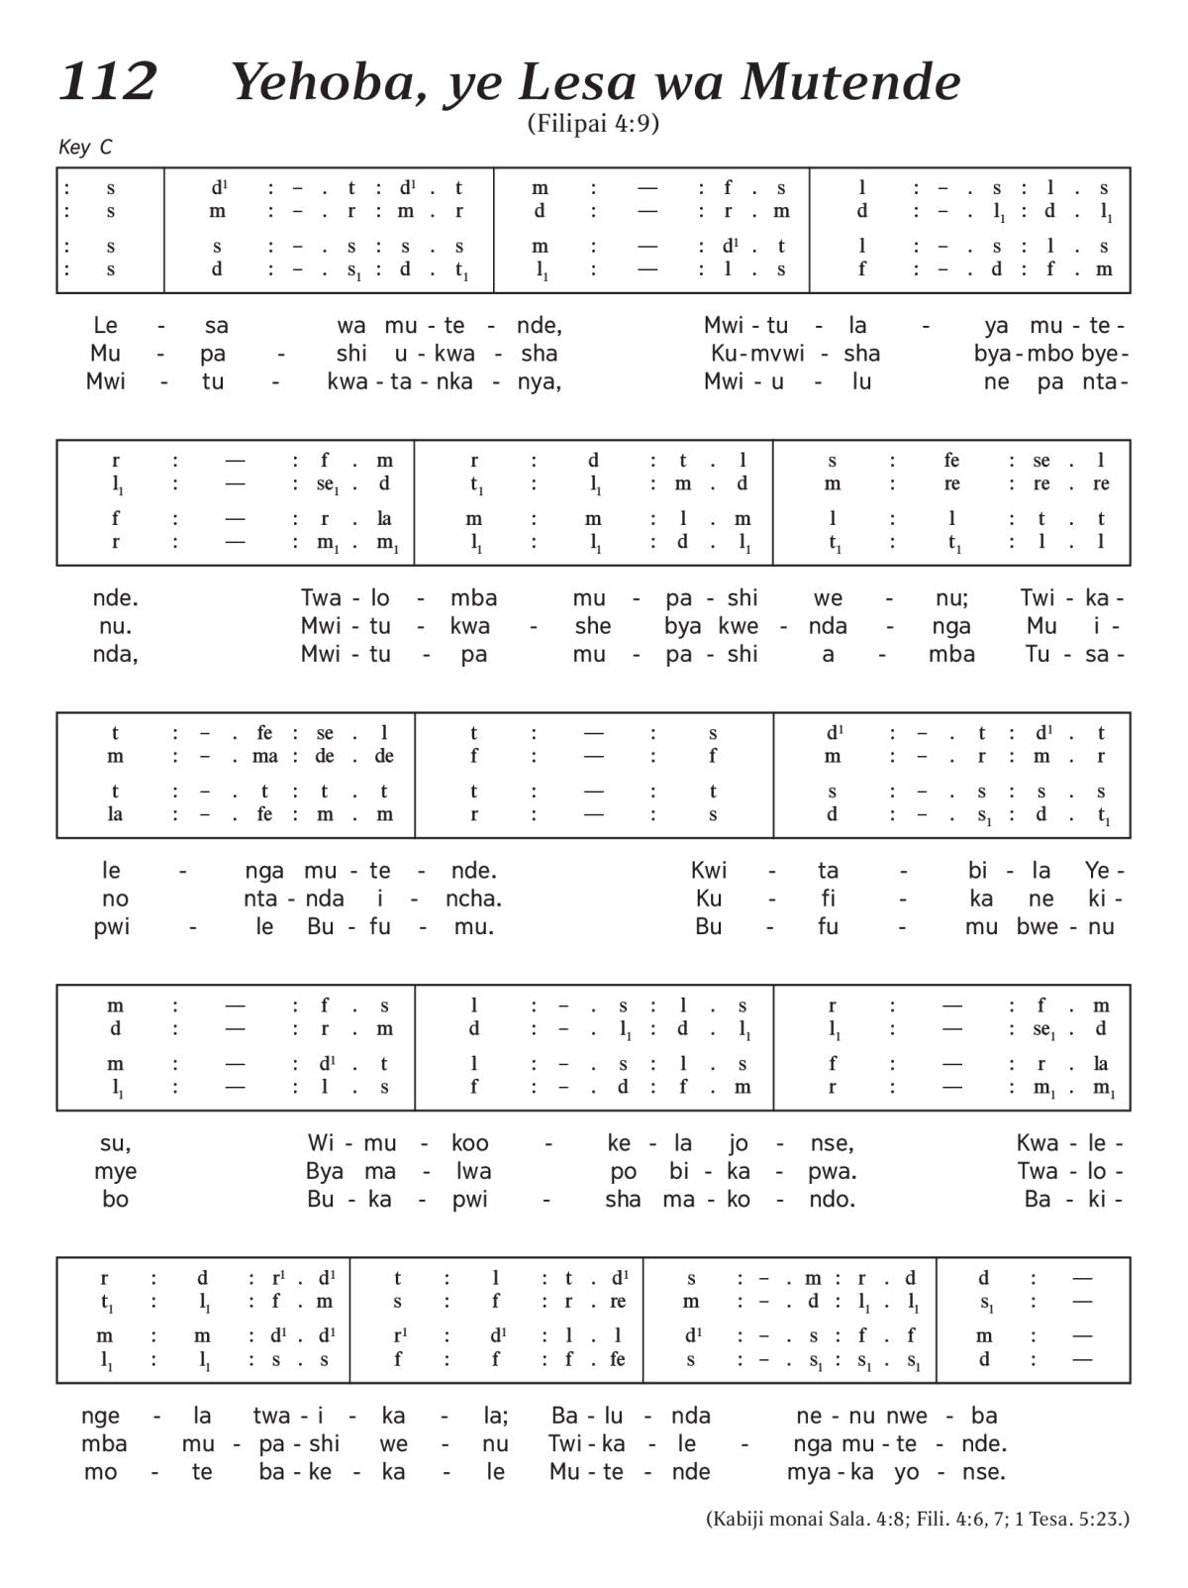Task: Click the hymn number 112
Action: pos(108,81)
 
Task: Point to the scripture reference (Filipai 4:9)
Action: pos(593,124)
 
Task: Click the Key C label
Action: pos(85,148)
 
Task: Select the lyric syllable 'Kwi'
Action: pos(709,871)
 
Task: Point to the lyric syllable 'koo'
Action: pos(470,1143)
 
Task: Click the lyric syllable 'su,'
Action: pos(116,1143)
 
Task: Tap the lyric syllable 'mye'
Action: pos(116,1171)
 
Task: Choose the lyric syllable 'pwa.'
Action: pos(833,1171)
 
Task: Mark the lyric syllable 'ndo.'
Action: pos(832,1199)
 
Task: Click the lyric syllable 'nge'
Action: pos(101,1416)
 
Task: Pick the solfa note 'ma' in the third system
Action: pos(264,756)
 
